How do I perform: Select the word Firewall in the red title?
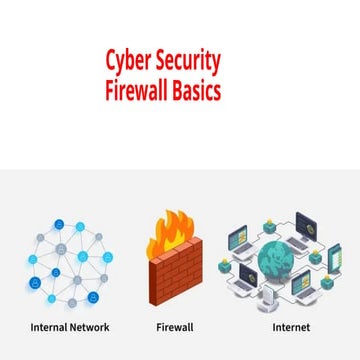(x=138, y=90)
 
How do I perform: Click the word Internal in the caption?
(x=50, y=327)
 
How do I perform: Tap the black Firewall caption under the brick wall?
(x=175, y=327)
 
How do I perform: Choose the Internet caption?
(x=291, y=327)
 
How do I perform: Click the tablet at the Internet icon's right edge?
(x=334, y=260)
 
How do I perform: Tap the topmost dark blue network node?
(x=58, y=225)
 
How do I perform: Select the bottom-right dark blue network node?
(x=93, y=297)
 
